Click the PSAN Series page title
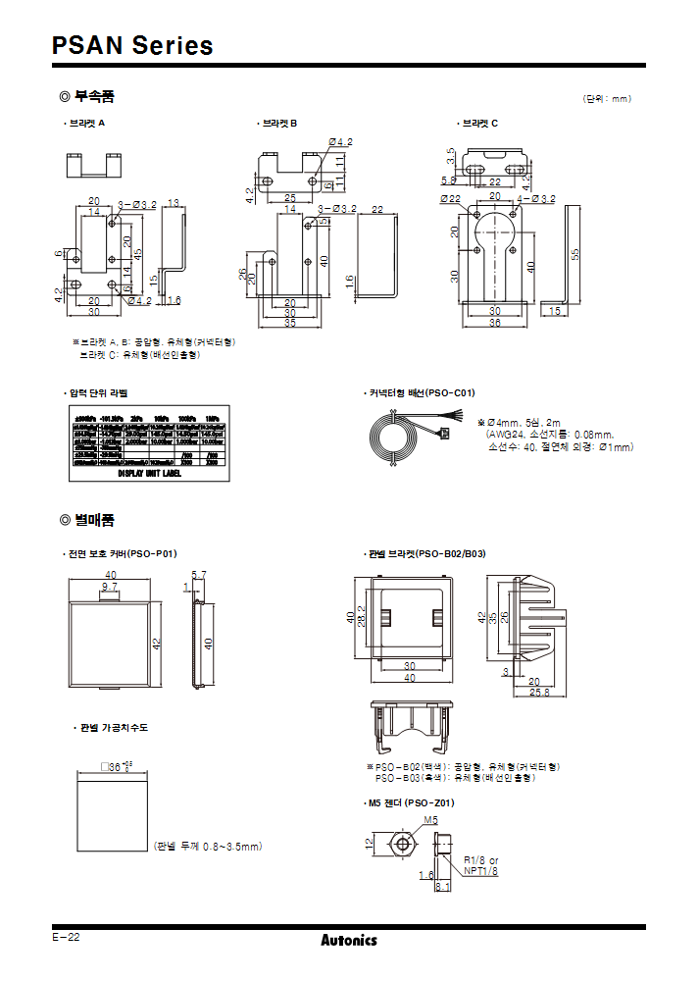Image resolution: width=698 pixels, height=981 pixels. [132, 45]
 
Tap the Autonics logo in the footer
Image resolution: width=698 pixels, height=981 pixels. [348, 940]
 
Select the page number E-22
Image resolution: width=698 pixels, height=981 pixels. [67, 937]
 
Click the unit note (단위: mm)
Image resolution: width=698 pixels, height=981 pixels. [608, 99]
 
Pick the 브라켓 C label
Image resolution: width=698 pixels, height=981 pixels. [479, 124]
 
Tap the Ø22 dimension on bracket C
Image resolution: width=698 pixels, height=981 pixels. [450, 198]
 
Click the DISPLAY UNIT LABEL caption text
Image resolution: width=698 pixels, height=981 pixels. [149, 472]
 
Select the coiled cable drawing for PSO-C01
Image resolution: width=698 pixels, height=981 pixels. [392, 437]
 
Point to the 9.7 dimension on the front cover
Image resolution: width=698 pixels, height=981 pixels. [110, 585]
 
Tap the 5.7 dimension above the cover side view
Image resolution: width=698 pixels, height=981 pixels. [199, 575]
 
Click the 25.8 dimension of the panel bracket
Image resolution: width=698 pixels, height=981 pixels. [540, 693]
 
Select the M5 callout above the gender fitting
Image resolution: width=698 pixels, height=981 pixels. [430, 819]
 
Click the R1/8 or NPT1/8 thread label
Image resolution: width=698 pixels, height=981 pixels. [480, 864]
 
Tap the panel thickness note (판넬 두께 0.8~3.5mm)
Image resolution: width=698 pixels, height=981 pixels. [208, 846]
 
